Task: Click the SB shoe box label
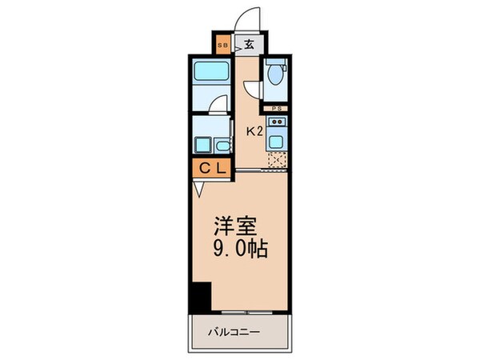pyautogui.click(x=222, y=45)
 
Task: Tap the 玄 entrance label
pyautogui.click(x=250, y=45)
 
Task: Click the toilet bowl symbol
pyautogui.click(x=276, y=76)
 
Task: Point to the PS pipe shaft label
pyautogui.click(x=276, y=109)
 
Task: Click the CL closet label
pyautogui.click(x=211, y=168)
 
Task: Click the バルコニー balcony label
pyautogui.click(x=238, y=330)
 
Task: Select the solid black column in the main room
pyautogui.click(x=201, y=298)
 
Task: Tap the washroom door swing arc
pyautogui.click(x=219, y=106)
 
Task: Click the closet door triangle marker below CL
pyautogui.click(x=198, y=190)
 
